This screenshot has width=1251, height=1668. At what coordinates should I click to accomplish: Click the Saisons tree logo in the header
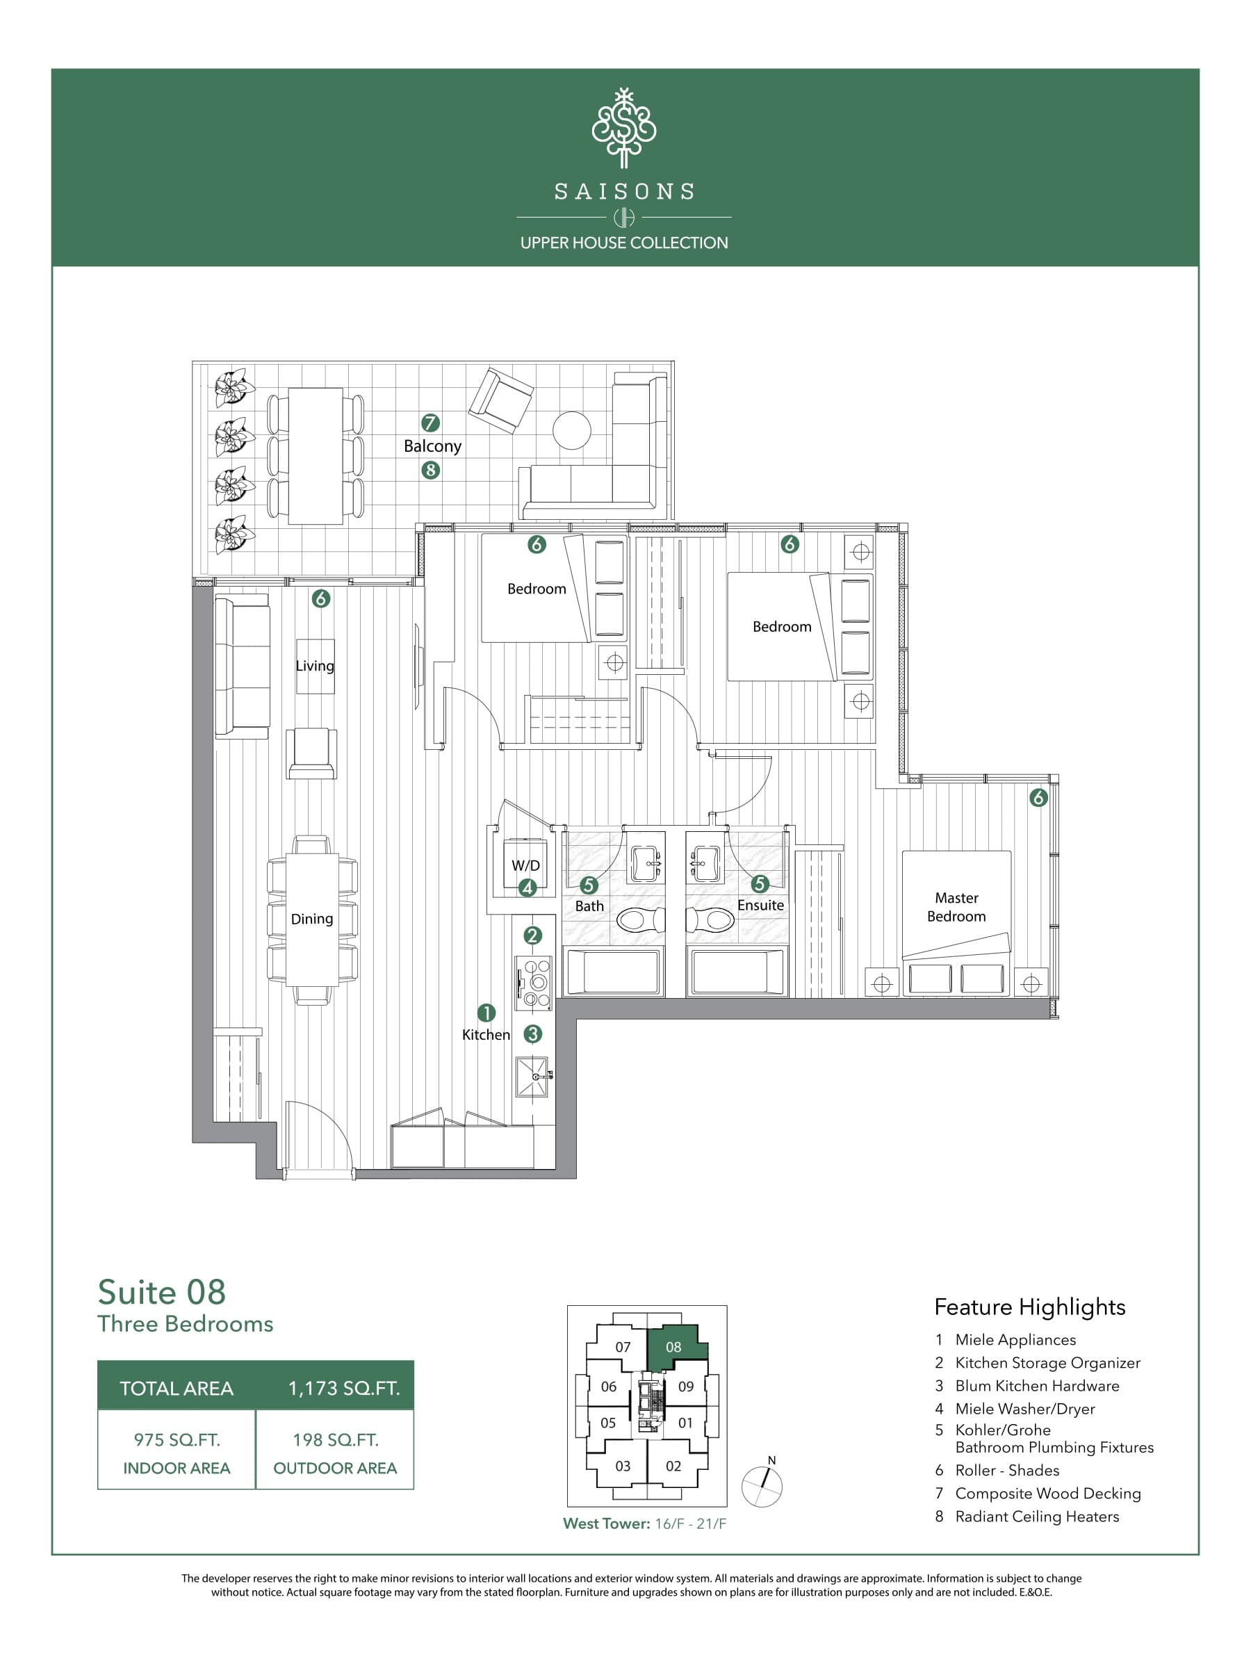(x=623, y=128)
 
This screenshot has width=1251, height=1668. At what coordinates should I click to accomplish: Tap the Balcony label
(x=432, y=445)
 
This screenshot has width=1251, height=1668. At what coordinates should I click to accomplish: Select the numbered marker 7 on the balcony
(x=431, y=423)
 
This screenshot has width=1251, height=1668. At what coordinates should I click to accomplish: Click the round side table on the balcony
(x=571, y=431)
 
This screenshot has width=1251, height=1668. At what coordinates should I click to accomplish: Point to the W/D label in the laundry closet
(x=525, y=865)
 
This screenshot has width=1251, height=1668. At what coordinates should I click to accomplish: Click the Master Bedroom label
(x=956, y=907)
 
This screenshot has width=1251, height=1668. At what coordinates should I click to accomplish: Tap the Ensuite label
(x=760, y=905)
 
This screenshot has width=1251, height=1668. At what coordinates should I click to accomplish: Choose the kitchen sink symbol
(x=532, y=1077)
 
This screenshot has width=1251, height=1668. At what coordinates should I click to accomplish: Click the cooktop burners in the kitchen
(x=534, y=983)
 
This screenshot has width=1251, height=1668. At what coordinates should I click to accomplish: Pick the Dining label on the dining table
(x=311, y=919)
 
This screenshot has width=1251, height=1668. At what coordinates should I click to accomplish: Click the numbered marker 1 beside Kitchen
(x=486, y=1013)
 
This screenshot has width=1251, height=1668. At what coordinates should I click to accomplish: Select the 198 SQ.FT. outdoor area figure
(x=335, y=1440)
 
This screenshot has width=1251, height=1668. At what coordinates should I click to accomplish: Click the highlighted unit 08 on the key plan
(x=675, y=1348)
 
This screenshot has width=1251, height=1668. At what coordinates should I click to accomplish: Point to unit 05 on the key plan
(x=608, y=1423)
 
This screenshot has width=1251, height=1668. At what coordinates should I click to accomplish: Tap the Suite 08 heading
(x=161, y=1293)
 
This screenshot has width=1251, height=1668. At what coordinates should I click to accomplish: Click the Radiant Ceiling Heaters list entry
(x=1036, y=1516)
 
